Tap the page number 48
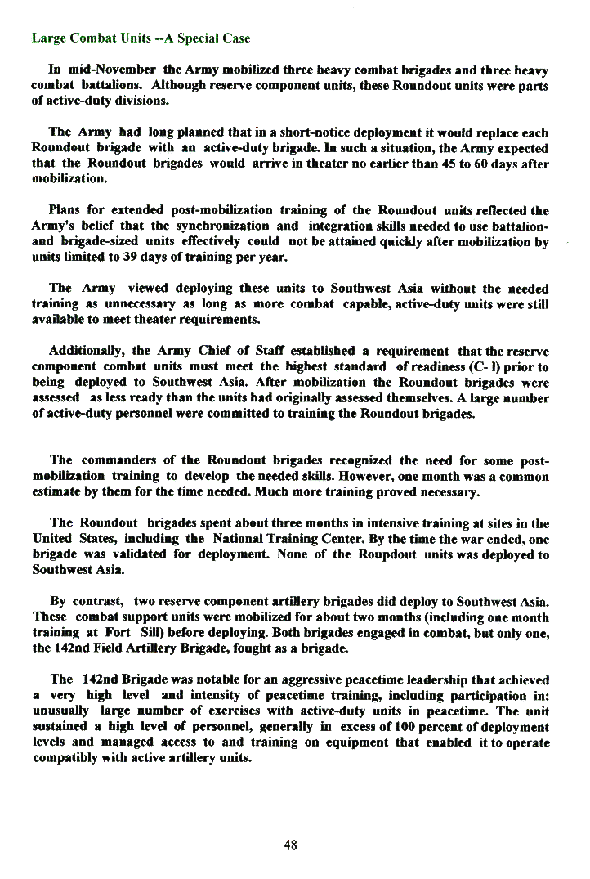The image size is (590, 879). [x=290, y=845]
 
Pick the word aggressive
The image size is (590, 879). [x=302, y=679]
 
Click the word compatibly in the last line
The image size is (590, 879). [x=64, y=757]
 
